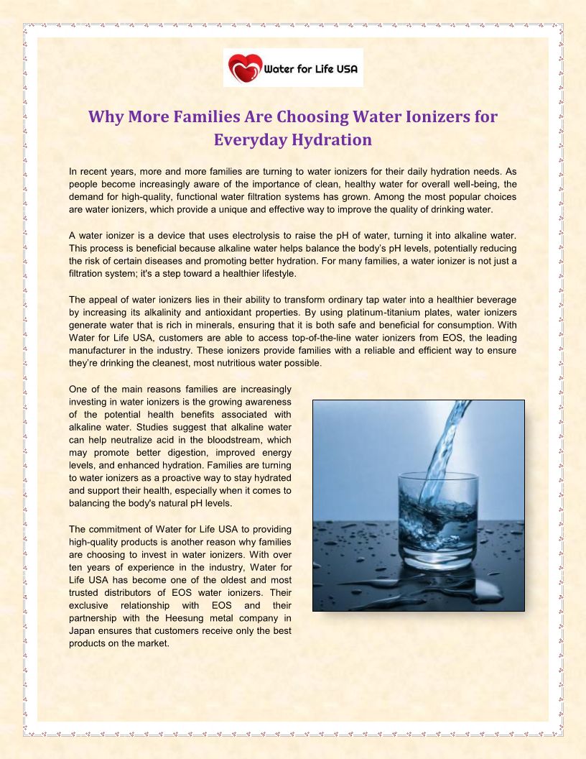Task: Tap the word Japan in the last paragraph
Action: [83, 630]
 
